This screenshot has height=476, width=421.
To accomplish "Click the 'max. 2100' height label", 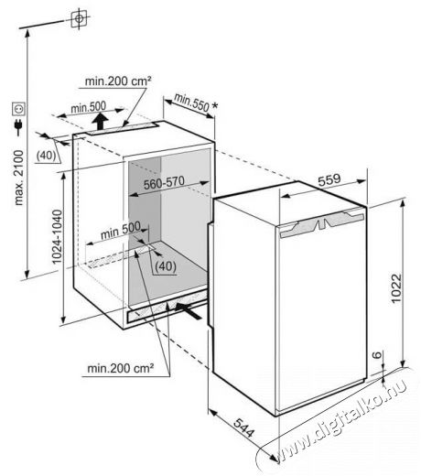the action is point(19,178).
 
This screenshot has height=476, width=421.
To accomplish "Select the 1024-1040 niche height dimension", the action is point(57,237).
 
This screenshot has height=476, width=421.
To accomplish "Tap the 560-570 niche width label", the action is point(164,183).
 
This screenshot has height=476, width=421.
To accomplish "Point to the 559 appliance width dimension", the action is point(329,179).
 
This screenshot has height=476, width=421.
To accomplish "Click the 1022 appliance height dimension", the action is point(396,288).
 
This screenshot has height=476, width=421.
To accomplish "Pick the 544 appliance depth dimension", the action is point(243,427).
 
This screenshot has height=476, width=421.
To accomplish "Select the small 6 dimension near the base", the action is point(378,354).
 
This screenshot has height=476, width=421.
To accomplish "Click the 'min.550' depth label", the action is point(191,103).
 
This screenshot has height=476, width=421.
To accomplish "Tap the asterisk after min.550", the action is point(215,106).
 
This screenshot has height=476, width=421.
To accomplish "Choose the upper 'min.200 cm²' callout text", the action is point(118,81).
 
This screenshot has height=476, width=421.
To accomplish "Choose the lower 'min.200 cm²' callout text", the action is point(120,368).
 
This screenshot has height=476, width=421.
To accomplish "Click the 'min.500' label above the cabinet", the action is point(88,107).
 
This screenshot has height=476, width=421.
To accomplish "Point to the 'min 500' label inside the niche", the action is point(121,230).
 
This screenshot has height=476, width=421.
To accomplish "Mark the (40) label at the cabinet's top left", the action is point(46,156).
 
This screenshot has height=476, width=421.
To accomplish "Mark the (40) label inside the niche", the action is point(166,266).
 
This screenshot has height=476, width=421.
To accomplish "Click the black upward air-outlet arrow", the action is point(101,120).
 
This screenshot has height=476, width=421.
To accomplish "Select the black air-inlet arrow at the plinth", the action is point(189,310).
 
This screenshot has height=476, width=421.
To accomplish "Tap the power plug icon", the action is point(18,127).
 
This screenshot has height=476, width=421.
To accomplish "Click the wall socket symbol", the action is point(18,109).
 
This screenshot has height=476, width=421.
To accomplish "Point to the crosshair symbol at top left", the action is point(79,18).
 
